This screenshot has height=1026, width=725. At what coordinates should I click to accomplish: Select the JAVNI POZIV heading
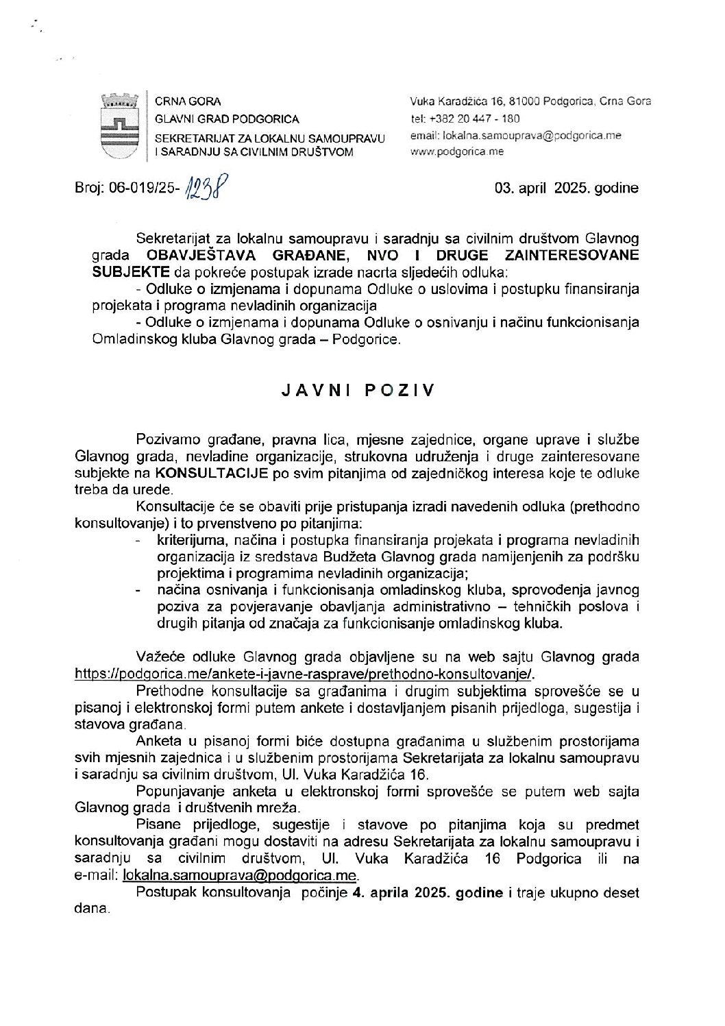(358, 391)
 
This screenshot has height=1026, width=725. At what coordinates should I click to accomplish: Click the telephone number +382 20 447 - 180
(465, 118)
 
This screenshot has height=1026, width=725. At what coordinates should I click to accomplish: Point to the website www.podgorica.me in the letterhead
(456, 151)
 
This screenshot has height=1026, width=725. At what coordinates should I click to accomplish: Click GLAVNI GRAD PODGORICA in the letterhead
(217, 119)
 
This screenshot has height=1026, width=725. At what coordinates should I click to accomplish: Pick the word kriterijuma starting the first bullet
(191, 541)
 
